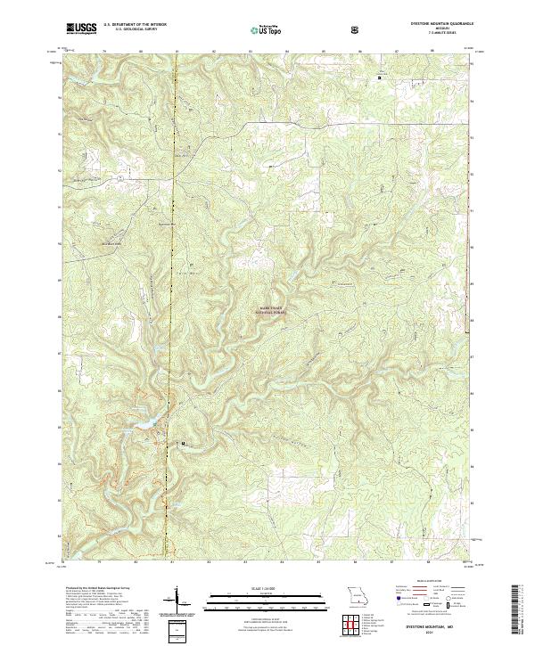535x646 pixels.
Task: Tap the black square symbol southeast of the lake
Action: pyautogui.click(x=184, y=442)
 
